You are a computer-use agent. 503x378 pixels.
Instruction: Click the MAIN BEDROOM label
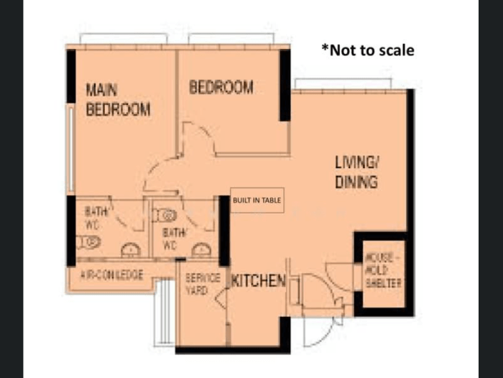[x=118, y=100]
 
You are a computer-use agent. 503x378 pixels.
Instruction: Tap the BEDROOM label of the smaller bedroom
[x=221, y=87]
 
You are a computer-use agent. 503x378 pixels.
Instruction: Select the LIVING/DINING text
[x=356, y=172]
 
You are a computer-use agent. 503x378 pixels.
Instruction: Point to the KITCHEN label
[x=258, y=281]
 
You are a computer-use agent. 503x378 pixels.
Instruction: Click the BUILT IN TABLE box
[x=257, y=200]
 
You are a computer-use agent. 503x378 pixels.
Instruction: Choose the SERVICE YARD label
[x=203, y=285]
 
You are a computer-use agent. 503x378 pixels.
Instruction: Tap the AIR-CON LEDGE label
[x=111, y=275]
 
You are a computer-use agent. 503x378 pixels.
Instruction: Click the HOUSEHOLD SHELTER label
[x=383, y=270]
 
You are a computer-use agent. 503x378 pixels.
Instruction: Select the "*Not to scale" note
[x=368, y=50]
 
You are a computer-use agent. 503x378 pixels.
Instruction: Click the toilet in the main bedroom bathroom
[x=88, y=242]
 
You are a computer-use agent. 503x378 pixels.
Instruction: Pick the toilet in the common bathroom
[x=165, y=216]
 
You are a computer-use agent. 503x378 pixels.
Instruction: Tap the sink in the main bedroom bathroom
[x=131, y=250]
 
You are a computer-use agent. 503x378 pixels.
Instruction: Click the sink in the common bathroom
[x=201, y=250]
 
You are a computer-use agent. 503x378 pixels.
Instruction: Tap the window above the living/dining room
[x=343, y=84]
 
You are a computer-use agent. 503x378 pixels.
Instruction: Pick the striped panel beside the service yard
[x=165, y=313]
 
